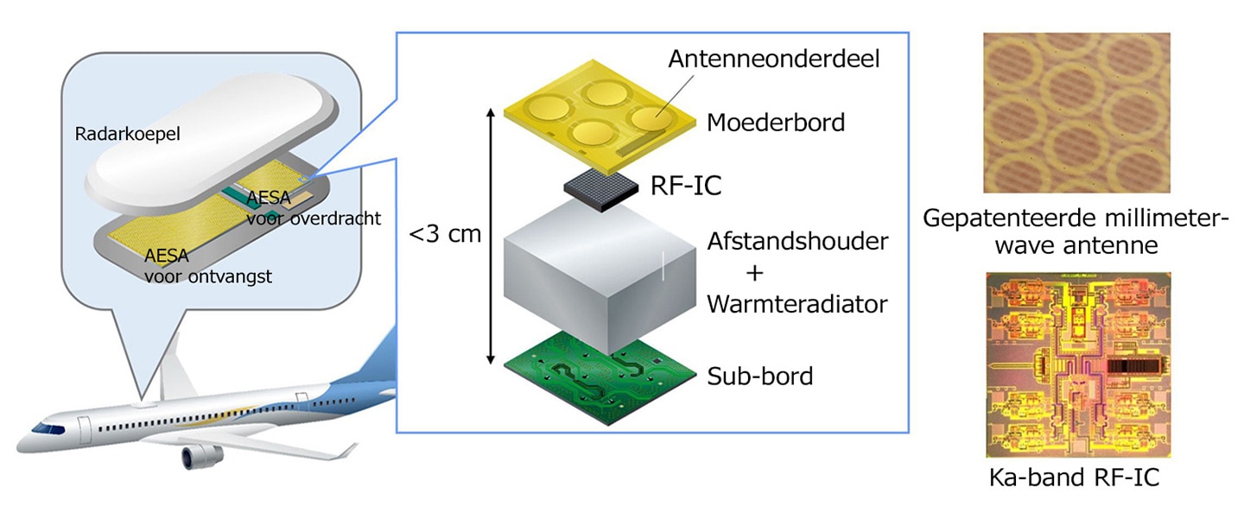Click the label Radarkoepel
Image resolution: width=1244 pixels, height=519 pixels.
point(127,135)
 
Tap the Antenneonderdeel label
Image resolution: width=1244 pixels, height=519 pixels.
point(774,59)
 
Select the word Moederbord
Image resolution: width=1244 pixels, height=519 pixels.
point(775,123)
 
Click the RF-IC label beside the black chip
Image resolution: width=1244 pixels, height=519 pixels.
point(686,186)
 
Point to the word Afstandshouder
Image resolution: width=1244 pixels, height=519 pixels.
point(797,242)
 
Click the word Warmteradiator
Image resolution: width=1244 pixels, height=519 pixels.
point(797,304)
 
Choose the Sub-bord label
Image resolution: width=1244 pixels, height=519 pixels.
point(759,377)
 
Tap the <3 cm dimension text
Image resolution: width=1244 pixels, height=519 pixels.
point(445,234)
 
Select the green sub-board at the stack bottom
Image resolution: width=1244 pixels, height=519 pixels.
point(600,378)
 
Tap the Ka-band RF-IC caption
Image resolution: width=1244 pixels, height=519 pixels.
point(1074,478)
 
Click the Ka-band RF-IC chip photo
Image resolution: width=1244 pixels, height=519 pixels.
point(1078,364)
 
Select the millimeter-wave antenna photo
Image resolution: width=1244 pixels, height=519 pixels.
point(1076,112)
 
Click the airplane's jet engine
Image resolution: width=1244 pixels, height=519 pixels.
point(203,456)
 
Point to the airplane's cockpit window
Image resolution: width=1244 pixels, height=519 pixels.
point(48,428)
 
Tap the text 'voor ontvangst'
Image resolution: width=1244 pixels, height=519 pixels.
point(208,276)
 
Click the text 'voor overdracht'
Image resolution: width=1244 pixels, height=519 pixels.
point(314,218)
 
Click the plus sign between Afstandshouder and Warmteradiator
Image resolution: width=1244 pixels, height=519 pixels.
point(755,273)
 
